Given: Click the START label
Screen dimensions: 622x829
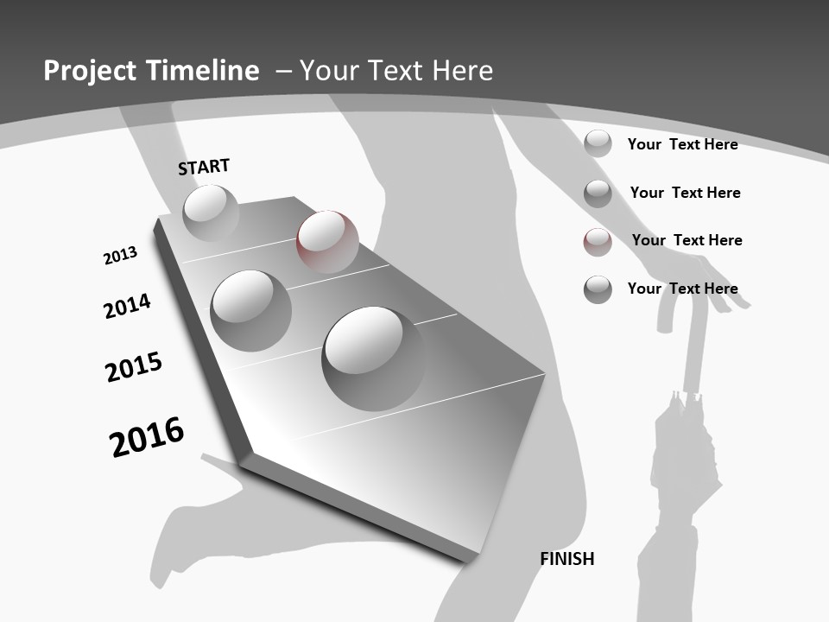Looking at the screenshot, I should click(204, 167).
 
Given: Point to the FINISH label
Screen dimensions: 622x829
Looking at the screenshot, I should click(567, 559).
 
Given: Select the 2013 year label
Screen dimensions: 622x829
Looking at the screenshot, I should click(120, 256).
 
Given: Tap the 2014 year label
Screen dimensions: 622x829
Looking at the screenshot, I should click(127, 306).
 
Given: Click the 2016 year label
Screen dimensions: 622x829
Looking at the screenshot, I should click(147, 437).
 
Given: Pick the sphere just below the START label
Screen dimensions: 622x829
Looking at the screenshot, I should click(211, 213).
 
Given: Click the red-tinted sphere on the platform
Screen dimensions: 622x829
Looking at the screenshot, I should click(327, 241).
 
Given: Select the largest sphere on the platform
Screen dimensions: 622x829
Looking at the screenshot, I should click(374, 358).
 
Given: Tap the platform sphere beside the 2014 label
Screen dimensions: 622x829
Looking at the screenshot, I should click(251, 310).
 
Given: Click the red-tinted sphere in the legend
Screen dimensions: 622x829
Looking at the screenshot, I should click(598, 242).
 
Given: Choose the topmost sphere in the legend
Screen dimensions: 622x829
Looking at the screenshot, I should click(598, 143).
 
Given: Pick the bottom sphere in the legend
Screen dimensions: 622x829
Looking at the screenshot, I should click(598, 289).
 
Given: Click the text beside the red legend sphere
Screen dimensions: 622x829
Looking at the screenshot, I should click(687, 240).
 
